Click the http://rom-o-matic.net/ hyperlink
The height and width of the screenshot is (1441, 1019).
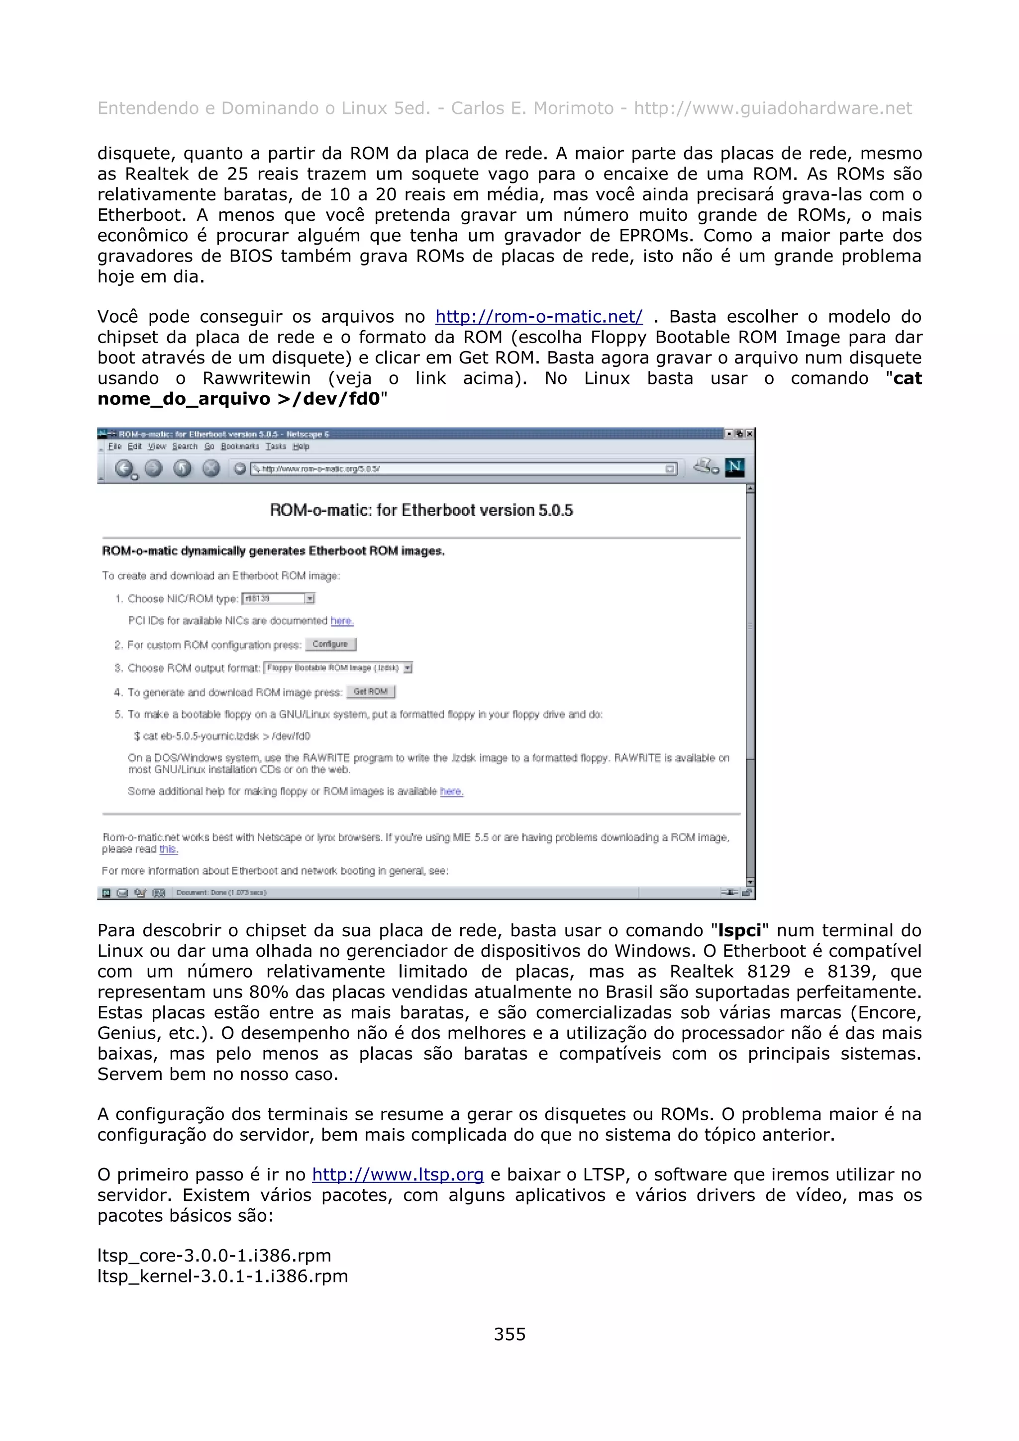tap(539, 316)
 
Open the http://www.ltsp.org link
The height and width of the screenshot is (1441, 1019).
tap(398, 1174)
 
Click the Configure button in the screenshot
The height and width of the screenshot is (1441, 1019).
tap(330, 644)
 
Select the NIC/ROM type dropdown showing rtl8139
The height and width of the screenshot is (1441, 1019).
tap(278, 598)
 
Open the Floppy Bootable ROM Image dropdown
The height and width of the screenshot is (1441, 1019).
tap(338, 668)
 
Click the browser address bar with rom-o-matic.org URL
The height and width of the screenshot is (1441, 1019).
tap(463, 469)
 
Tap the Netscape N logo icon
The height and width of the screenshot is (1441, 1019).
tap(734, 467)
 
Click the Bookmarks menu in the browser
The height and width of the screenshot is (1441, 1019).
tap(239, 446)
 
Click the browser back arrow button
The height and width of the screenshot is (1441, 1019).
tap(125, 468)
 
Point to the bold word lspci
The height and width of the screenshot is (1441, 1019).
tap(739, 930)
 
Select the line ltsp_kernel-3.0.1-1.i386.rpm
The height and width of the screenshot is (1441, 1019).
tap(222, 1276)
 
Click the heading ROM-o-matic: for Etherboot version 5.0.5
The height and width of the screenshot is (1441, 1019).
tap(421, 510)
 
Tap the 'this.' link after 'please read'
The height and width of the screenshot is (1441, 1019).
tap(168, 849)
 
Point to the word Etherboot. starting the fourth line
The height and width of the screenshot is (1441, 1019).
tap(141, 215)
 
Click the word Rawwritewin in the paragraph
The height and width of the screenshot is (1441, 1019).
tap(256, 378)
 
